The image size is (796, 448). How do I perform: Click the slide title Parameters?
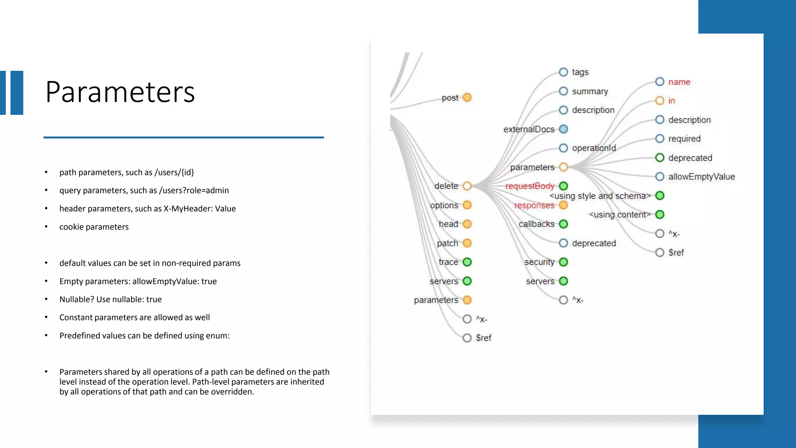tap(120, 92)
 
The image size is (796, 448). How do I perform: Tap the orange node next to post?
tap(467, 97)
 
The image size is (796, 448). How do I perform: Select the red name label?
tap(679, 82)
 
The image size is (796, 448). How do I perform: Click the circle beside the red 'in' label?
tap(660, 101)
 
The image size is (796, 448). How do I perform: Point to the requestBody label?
tap(529, 186)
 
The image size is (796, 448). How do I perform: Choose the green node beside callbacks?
tap(563, 224)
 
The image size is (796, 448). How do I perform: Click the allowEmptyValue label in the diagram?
tap(701, 177)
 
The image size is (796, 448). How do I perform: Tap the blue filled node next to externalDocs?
tap(563, 129)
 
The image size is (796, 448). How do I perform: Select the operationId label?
tap(594, 148)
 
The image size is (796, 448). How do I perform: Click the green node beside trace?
tap(467, 262)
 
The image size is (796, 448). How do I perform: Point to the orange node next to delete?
tap(467, 186)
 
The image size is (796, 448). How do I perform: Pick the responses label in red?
tap(534, 205)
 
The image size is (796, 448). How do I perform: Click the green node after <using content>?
tap(660, 215)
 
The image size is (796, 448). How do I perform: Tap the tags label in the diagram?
tap(580, 72)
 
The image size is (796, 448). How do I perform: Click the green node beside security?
tap(563, 262)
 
